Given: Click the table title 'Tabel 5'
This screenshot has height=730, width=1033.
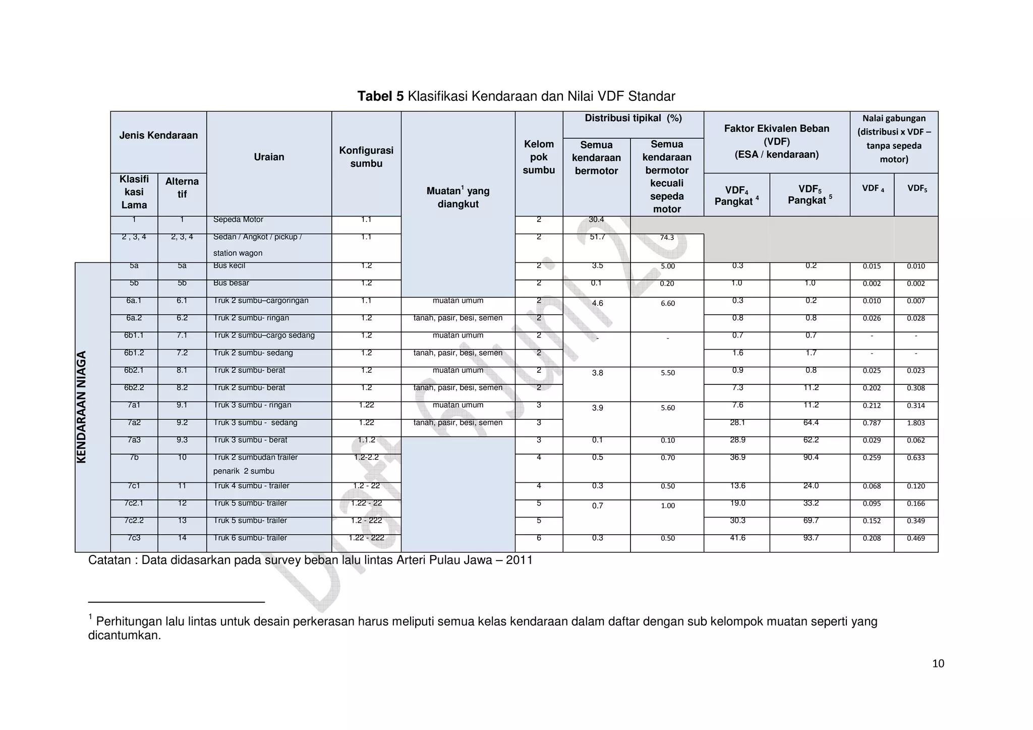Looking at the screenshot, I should (x=380, y=96).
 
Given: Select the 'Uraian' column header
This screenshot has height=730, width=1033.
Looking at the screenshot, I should (x=269, y=157).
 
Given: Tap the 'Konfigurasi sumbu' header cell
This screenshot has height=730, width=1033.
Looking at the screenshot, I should (x=366, y=157).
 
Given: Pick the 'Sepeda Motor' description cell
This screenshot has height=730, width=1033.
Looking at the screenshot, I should (x=238, y=219).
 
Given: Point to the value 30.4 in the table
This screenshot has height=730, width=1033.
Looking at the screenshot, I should (x=596, y=219).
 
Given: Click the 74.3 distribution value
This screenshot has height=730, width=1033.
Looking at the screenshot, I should (x=667, y=237).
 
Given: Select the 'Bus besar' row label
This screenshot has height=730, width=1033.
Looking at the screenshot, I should (x=231, y=283).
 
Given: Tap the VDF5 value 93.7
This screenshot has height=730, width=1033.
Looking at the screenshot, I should (x=811, y=538).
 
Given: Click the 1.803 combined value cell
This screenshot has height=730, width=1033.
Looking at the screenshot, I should (x=915, y=423).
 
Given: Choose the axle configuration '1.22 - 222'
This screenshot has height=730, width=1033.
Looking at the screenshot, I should (x=366, y=538).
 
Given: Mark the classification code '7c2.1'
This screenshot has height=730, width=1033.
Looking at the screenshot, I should (x=134, y=503).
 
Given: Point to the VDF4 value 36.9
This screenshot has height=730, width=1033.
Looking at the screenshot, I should (x=737, y=457).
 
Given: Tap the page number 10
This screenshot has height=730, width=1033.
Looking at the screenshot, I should (x=938, y=663).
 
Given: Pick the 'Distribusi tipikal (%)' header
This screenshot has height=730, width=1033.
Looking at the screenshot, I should (x=633, y=118).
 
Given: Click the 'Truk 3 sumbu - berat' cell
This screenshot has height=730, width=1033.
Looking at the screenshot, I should (x=250, y=440).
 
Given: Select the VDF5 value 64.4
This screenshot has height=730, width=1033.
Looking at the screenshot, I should (x=811, y=423).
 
